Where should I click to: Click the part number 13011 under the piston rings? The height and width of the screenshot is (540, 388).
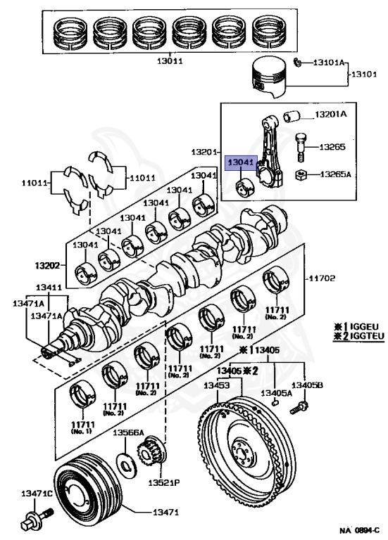tap(170, 61)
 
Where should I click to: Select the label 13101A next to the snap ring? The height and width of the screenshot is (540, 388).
tap(329, 63)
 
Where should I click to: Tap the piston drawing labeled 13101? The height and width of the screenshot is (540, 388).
tap(270, 77)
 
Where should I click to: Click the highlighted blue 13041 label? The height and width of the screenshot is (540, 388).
tap(241, 163)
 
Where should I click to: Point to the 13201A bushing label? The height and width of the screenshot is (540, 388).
tap(331, 115)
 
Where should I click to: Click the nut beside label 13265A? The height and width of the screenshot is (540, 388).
tap(301, 175)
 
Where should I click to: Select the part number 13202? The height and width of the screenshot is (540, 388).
tap(47, 266)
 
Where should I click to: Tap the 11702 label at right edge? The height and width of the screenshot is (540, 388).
tap(321, 278)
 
